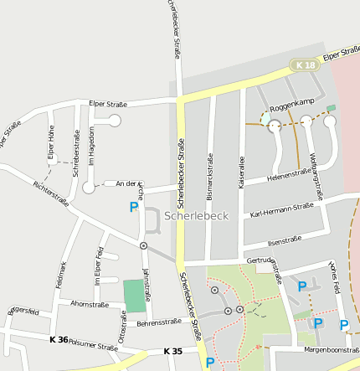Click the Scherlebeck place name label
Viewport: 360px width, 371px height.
coord(197,216)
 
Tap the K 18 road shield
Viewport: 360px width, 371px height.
coord(304,64)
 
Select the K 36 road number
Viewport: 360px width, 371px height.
coord(59,339)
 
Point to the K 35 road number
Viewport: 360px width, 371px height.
coord(172,351)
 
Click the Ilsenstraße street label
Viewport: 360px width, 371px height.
coord(284,240)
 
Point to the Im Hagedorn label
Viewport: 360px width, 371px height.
coord(92,149)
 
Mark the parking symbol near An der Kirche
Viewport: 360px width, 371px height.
coord(134,207)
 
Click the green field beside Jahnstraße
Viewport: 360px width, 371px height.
coord(134,296)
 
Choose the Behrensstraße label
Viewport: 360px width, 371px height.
coord(159,322)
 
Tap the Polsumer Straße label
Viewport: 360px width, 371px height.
coord(92,345)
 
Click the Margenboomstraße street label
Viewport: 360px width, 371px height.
coord(332,349)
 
